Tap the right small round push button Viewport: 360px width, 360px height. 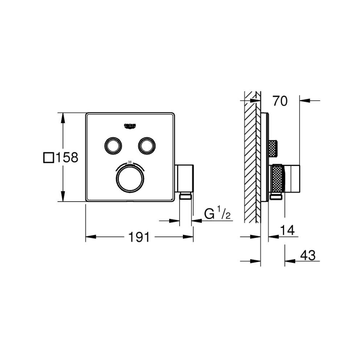[x=146, y=145]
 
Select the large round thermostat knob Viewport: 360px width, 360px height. [x=129, y=179]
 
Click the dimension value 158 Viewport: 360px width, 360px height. [x=67, y=158]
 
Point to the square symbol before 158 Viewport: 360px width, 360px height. [x=49, y=158]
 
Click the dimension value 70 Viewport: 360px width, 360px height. [x=280, y=101]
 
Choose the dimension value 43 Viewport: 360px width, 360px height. [x=307, y=255]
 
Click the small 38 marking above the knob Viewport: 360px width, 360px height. [x=129, y=162]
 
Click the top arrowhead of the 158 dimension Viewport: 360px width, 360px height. [x=63, y=117]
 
